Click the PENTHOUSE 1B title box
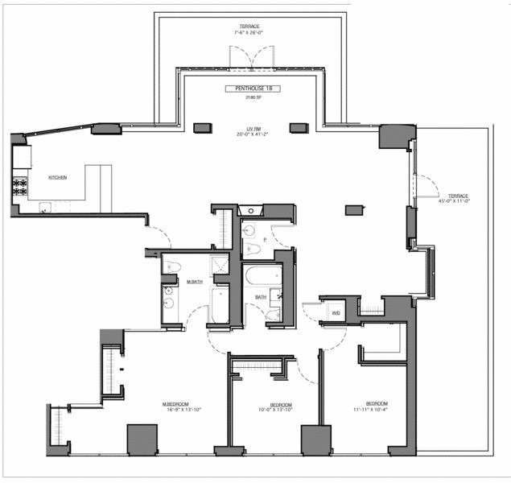point(252,88)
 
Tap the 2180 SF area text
point(252,97)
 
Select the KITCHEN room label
point(57,177)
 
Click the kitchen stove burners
point(19,188)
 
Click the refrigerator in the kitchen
point(22,156)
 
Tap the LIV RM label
point(253,128)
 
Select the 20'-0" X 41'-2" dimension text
point(253,134)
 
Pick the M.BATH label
point(195,281)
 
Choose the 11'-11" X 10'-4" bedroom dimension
point(377,410)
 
